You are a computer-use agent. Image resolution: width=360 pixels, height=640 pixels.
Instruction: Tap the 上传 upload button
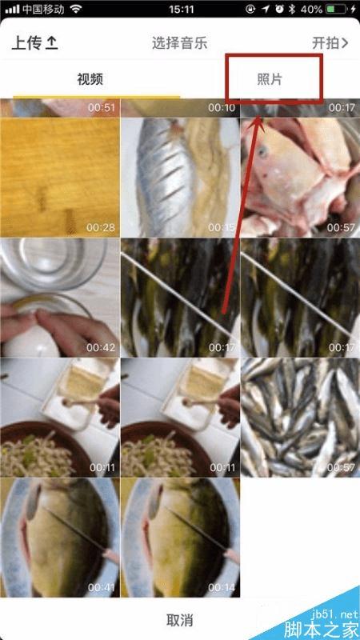[34, 43]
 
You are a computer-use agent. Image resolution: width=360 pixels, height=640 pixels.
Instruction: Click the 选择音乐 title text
[179, 43]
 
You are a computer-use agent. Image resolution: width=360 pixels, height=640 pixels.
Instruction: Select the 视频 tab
[90, 79]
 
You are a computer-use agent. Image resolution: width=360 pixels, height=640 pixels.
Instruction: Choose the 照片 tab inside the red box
[270, 79]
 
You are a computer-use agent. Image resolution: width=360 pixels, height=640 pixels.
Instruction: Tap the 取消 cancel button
[180, 620]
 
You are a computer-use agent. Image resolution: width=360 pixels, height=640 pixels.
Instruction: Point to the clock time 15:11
[182, 10]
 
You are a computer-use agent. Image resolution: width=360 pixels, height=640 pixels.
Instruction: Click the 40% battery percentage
[311, 10]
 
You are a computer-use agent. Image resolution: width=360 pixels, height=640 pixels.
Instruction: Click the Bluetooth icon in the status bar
[292, 10]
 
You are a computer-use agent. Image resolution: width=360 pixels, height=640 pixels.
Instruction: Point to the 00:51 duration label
[102, 108]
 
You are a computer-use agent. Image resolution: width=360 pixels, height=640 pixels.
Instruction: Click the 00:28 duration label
[102, 227]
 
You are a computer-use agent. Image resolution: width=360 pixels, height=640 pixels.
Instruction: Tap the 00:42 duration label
[102, 348]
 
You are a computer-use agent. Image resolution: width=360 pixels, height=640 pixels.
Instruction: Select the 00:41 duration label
[102, 588]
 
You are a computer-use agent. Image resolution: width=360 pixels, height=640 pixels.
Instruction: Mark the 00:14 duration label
[222, 588]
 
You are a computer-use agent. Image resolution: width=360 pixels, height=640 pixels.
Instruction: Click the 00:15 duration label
[222, 227]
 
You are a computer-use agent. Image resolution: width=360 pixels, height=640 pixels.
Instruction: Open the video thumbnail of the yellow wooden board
[60, 178]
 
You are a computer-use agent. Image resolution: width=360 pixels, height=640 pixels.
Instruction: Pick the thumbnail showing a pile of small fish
[300, 418]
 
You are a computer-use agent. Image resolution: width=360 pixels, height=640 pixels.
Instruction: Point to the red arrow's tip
[258, 115]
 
